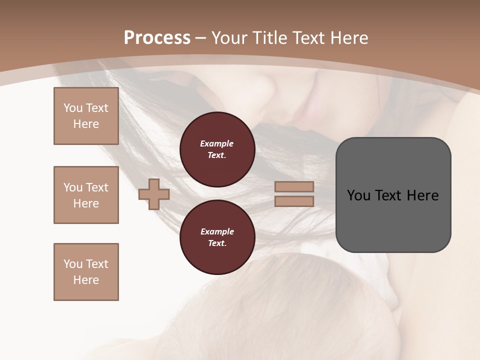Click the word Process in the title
[157, 37]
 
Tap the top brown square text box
[86, 116]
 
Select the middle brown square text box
[86, 195]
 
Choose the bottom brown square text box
[86, 272]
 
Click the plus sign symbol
[154, 194]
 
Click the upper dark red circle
[217, 149]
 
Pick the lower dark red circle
[217, 237]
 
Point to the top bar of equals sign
[294, 187]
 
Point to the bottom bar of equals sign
[294, 201]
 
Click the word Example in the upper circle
[217, 143]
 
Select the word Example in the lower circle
[217, 231]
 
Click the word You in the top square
[72, 108]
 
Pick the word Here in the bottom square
[86, 280]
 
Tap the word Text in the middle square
[96, 187]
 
